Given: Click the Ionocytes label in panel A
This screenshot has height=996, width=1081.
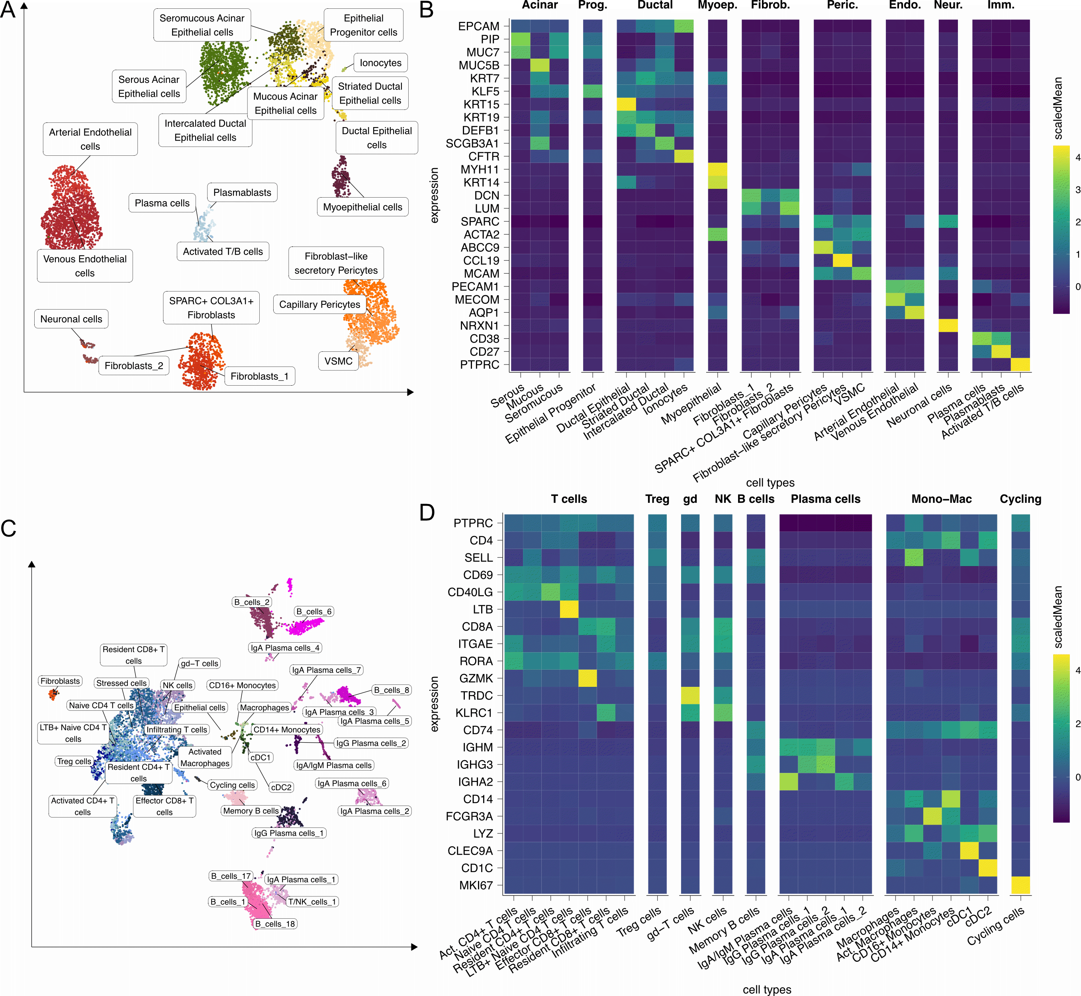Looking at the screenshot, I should [380, 63].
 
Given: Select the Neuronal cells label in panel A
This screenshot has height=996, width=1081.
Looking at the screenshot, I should [71, 319].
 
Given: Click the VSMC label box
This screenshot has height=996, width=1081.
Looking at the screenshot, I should [339, 361].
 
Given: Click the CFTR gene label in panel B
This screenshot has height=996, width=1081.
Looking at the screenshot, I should [484, 156].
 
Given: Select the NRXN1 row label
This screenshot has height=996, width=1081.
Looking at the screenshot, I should [479, 325].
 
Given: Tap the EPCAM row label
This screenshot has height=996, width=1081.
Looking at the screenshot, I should [478, 26].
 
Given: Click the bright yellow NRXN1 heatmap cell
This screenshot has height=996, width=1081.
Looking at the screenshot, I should [948, 325].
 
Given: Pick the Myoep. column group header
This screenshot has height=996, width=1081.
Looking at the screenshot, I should [717, 6].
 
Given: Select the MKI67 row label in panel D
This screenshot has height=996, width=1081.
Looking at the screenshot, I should [476, 885].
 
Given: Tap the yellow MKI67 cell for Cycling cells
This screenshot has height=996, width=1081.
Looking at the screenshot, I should [1020, 885].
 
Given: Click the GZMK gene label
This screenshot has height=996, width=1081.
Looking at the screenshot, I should [476, 678].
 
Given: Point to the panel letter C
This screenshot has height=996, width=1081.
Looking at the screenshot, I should [9, 528].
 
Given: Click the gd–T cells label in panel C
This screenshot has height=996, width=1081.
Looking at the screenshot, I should [200, 663].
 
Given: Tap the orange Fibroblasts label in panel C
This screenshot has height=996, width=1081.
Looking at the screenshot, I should [60, 681].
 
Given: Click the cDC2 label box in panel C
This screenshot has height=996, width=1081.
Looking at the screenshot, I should [281, 787].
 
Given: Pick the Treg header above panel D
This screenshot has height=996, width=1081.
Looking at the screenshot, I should [657, 499].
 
